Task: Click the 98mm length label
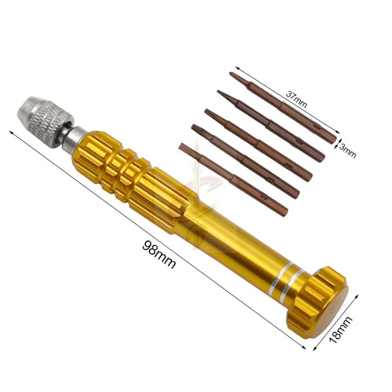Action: pyautogui.click(x=158, y=254)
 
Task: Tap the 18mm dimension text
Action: pyautogui.click(x=340, y=330)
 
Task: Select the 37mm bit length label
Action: pyautogui.click(x=296, y=99)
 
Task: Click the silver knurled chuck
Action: pyautogui.click(x=45, y=121)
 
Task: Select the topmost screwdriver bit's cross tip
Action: pyautogui.click(x=232, y=75)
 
